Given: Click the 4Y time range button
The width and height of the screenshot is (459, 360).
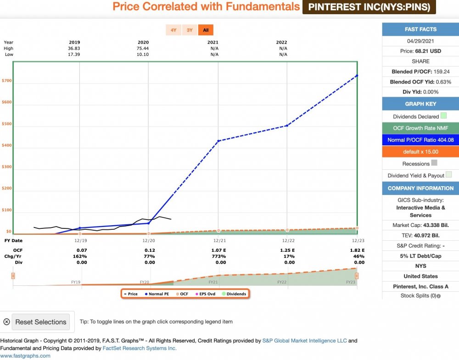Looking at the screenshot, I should [173, 30].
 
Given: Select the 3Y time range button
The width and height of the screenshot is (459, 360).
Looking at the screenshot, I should [190, 30].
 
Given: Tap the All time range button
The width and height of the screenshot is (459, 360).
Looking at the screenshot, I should [206, 30].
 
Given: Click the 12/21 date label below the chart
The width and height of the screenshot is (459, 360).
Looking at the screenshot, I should [218, 240].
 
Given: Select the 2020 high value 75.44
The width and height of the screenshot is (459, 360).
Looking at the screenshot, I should [143, 48].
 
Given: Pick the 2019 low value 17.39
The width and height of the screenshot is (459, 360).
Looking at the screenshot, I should [74, 54].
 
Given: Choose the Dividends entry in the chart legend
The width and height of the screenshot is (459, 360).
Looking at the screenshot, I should [235, 294].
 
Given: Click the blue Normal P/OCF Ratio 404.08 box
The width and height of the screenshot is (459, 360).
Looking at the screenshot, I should [420, 140].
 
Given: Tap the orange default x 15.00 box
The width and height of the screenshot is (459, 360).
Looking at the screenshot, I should [420, 152].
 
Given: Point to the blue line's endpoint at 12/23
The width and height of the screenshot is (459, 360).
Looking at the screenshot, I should [357, 76].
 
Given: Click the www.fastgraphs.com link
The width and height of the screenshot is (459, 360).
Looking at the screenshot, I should [25, 355].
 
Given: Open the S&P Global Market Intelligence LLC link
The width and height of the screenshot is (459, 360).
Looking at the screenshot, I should [305, 341].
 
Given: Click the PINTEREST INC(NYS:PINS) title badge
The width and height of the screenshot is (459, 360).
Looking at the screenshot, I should [369, 7].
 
